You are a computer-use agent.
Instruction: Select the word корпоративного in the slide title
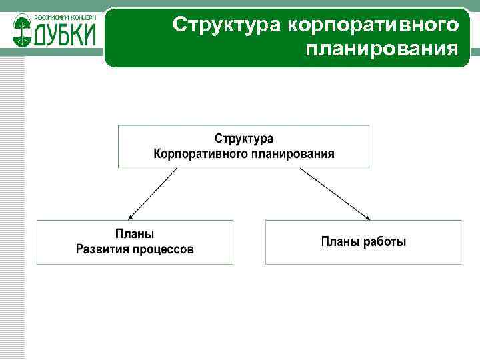pos(373,25)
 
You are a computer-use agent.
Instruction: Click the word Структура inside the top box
pos(243,139)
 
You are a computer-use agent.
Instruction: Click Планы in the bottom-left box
pos(135,234)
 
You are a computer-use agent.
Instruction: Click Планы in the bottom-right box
pos(340,241)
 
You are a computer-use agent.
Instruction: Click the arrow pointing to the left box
pos(153,193)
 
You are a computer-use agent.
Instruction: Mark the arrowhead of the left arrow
pos(131,216)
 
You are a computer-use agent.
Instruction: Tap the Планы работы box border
pos(363,220)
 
